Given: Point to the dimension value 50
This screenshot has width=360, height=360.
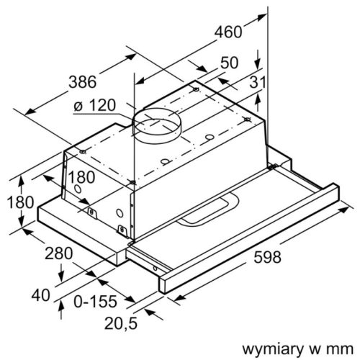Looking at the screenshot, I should coord(229,63).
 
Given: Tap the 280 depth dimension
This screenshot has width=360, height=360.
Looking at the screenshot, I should coord(58,253).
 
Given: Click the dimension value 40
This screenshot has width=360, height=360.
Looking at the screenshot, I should coord(42,294).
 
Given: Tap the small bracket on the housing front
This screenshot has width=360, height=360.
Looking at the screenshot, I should coord(92,212).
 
